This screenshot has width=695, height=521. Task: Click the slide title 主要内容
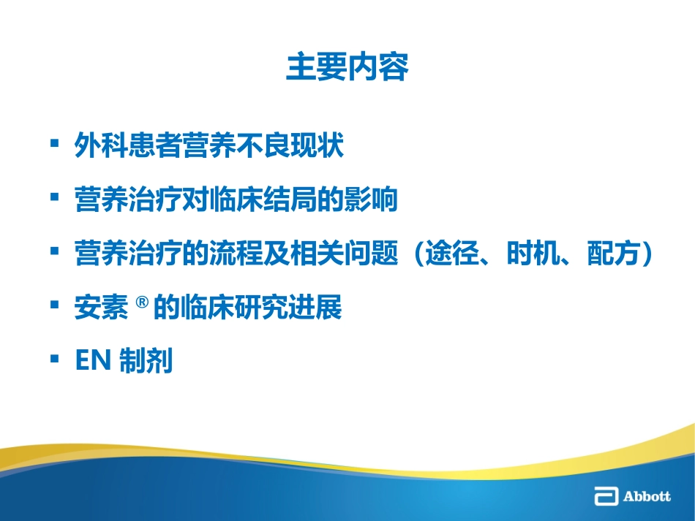tap(347, 68)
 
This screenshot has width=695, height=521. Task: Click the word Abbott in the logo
tap(647, 497)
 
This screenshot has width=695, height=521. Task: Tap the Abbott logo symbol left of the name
tap(606, 497)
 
